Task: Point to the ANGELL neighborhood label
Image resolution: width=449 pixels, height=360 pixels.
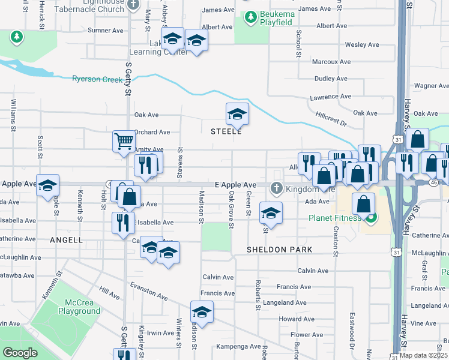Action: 67,240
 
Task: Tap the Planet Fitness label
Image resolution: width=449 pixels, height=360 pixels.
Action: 336,218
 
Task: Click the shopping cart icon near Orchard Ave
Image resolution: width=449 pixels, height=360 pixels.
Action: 124,142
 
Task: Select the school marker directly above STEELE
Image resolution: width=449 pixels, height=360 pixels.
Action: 237,113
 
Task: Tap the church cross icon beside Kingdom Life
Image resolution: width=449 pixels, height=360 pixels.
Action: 276,188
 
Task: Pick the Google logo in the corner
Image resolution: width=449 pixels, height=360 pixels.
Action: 20,353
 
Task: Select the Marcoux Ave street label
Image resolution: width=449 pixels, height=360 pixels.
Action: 332,62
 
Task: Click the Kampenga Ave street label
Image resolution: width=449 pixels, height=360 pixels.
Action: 234,347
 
